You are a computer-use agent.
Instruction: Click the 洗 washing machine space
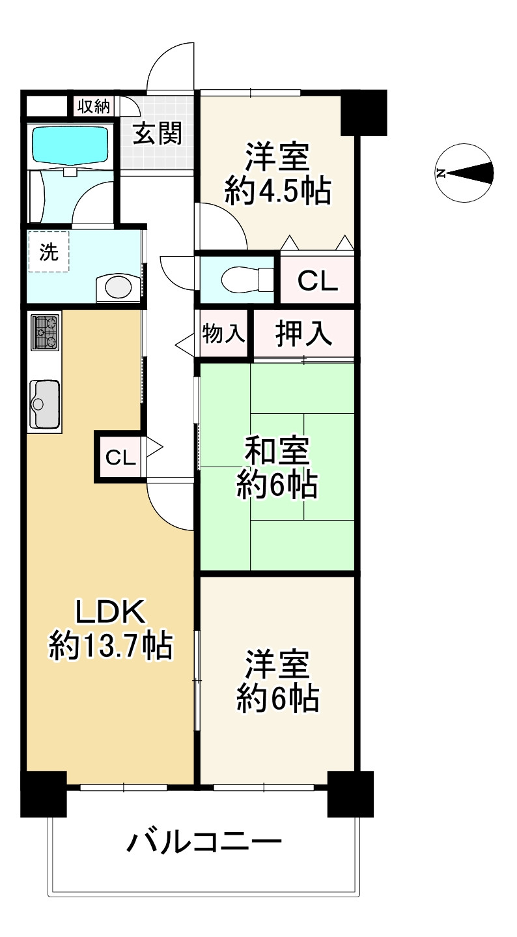[48, 252]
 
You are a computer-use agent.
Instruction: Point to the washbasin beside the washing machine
[117, 287]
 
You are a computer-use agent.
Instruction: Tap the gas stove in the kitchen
[45, 332]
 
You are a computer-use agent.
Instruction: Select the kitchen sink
[44, 404]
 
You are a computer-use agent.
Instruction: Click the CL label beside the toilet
[317, 281]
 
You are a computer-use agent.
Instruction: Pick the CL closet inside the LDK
[120, 457]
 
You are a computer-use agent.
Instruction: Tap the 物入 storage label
[223, 334]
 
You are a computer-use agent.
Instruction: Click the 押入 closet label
[304, 334]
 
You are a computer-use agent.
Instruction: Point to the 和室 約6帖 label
[277, 468]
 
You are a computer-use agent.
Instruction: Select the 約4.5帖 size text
[277, 192]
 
